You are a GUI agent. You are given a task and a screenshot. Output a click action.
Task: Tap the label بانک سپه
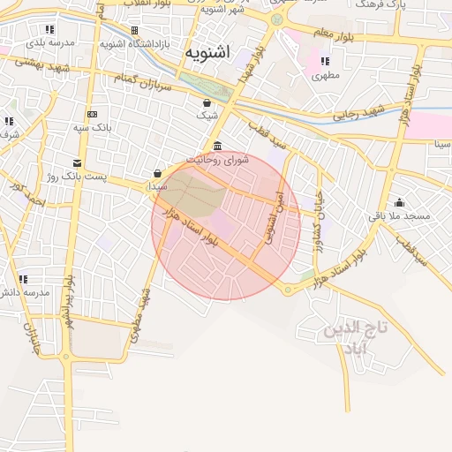point(91,128)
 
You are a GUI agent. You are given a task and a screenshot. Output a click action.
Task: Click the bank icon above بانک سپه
point(92,114)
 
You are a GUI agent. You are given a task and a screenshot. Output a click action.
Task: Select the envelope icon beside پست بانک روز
point(77,162)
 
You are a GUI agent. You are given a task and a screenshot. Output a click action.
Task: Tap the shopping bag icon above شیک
point(207,102)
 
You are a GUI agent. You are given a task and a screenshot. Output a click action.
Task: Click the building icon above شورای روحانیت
point(217,147)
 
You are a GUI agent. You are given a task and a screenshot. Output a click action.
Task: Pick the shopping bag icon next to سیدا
point(157,173)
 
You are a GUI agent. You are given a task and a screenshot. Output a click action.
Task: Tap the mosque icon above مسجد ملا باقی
point(399,202)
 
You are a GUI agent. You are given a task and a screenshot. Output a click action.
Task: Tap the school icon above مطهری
point(325,62)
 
